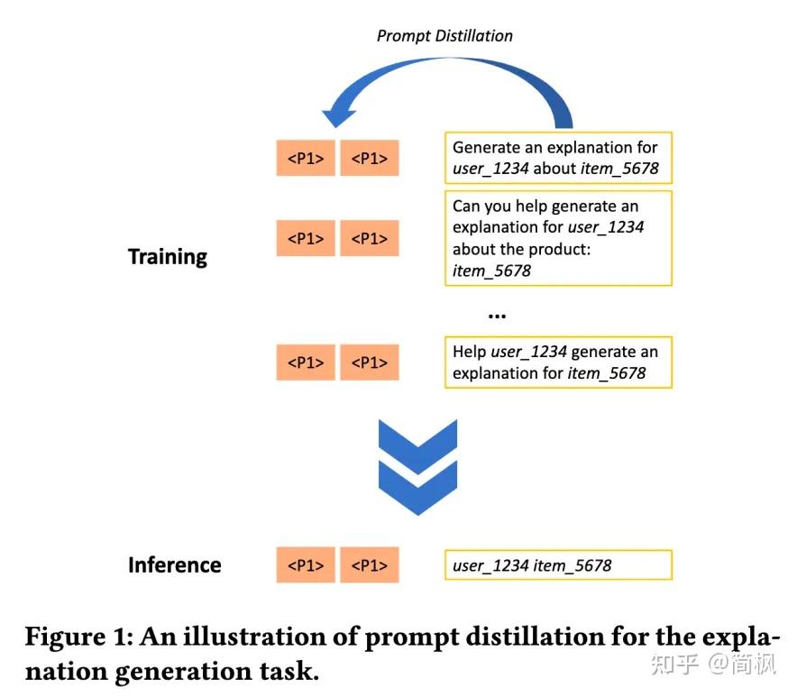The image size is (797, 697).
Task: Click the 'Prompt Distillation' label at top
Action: click(x=444, y=36)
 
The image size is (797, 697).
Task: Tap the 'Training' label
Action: click(x=168, y=257)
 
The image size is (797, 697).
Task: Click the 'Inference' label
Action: click(x=174, y=565)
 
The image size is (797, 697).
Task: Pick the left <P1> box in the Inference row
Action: click(x=306, y=564)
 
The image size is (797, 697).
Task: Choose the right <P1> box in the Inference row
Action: click(x=369, y=564)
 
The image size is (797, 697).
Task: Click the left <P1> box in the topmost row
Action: click(x=306, y=158)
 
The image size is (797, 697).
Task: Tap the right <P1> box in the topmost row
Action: click(x=369, y=158)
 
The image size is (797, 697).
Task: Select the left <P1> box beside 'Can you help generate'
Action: click(x=306, y=238)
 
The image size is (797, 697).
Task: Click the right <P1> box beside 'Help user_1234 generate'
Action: click(x=369, y=362)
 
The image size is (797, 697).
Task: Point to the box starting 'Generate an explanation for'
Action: click(x=558, y=158)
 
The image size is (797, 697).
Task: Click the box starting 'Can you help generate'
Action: click(x=558, y=238)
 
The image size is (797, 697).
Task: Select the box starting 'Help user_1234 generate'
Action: click(x=558, y=362)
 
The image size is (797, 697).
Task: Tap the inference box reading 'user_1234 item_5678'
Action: click(x=558, y=565)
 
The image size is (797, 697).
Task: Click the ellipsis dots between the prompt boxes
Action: click(x=497, y=315)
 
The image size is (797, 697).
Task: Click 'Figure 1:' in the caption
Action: click(x=78, y=637)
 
